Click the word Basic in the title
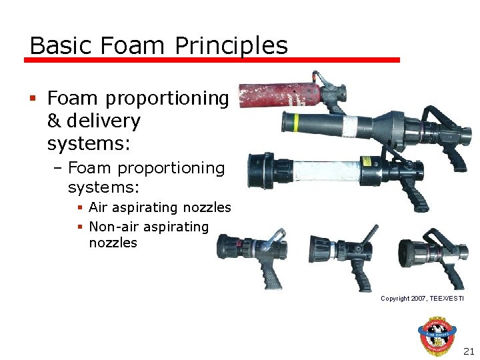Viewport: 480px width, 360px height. pyautogui.click(x=55, y=45)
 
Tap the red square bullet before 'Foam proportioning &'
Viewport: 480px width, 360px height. pyautogui.click(x=33, y=99)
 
